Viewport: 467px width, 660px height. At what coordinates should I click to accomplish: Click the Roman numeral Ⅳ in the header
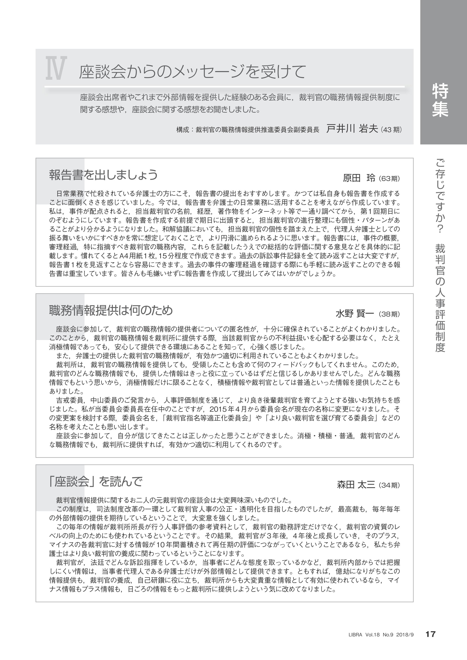pyautogui.click(x=56, y=68)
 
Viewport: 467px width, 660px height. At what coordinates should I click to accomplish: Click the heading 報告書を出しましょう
pyautogui.click(x=103, y=174)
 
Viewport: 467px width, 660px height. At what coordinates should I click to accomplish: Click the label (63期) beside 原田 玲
pyautogui.click(x=389, y=179)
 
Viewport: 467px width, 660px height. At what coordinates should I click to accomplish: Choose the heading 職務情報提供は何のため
pyautogui.click(x=111, y=310)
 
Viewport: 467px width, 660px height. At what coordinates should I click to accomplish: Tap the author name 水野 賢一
pyautogui.click(x=355, y=314)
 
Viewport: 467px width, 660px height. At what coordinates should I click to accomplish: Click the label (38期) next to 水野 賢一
pyautogui.click(x=389, y=314)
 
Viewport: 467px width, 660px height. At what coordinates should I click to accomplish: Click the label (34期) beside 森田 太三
pyautogui.click(x=389, y=485)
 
